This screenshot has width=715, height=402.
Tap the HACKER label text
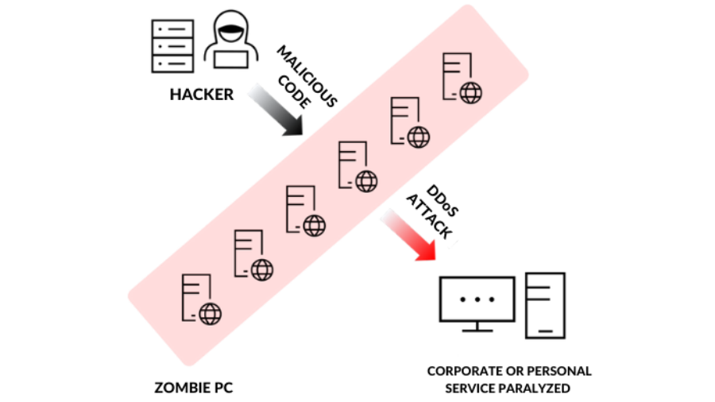[x=202, y=95]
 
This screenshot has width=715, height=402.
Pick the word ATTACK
[x=429, y=215]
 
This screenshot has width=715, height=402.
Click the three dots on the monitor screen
[x=477, y=300]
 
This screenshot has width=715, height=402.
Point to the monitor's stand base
[x=477, y=330]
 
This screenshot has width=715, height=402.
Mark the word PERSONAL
[x=562, y=371]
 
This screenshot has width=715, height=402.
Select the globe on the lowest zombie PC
[x=210, y=314]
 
